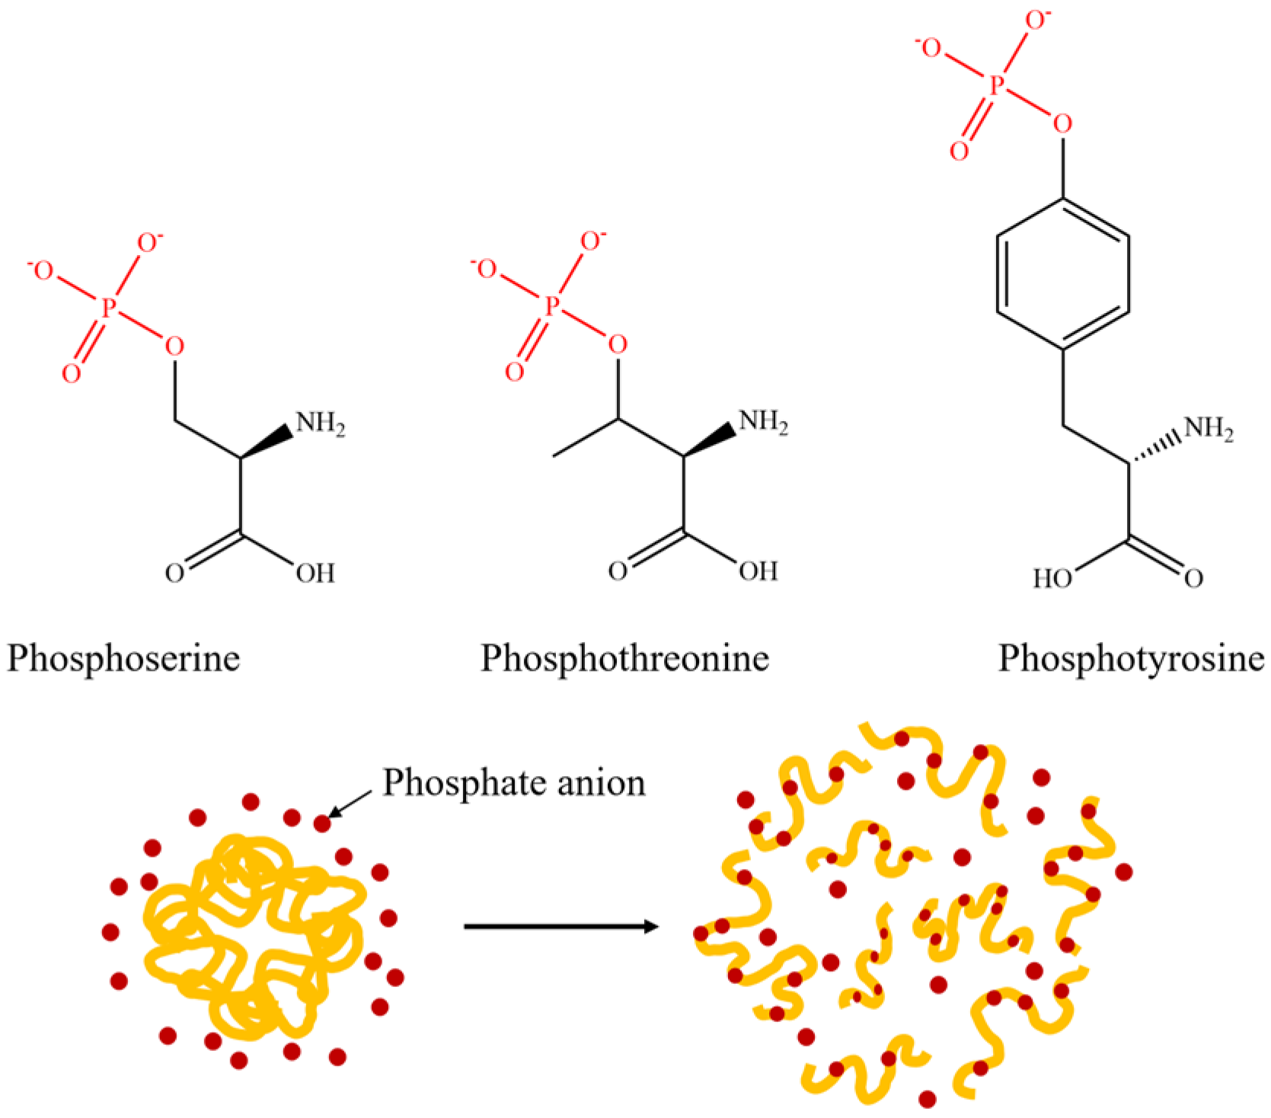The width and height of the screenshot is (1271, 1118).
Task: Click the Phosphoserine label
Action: tap(123, 658)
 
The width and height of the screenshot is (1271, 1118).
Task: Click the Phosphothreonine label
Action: tap(624, 658)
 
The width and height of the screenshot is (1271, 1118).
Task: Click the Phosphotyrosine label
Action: tap(1131, 658)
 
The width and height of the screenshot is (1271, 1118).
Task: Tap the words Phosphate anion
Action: tap(514, 783)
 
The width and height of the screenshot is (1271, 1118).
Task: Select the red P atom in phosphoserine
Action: tap(109, 308)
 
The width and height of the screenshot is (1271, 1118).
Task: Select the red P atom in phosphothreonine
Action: tap(552, 306)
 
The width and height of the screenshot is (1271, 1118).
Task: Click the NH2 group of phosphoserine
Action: tap(320, 423)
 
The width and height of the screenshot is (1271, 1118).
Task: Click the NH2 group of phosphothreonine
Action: tap(763, 422)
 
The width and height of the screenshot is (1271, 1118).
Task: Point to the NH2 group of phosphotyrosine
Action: tap(1209, 429)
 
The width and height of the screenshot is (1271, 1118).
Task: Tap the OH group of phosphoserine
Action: tap(315, 573)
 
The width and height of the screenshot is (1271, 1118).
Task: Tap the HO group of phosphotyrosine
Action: tap(1052, 579)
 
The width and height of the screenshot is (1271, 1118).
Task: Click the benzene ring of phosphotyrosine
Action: tap(1062, 274)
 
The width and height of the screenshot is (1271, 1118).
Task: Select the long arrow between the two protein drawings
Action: tap(560, 927)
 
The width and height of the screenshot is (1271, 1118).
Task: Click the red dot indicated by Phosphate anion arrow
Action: tap(322, 823)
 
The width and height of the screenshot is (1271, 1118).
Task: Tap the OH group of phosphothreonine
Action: tap(758, 571)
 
